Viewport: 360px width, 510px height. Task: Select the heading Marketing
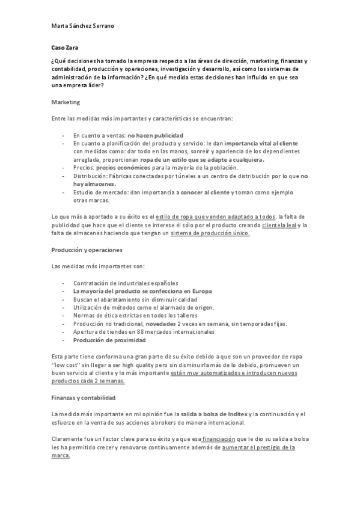click(65, 102)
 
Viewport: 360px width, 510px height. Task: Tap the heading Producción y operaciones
click(87, 249)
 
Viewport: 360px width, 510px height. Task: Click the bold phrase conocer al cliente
click(205, 192)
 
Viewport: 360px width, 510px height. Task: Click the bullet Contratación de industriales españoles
click(126, 283)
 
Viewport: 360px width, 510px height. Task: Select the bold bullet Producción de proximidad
click(106, 340)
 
